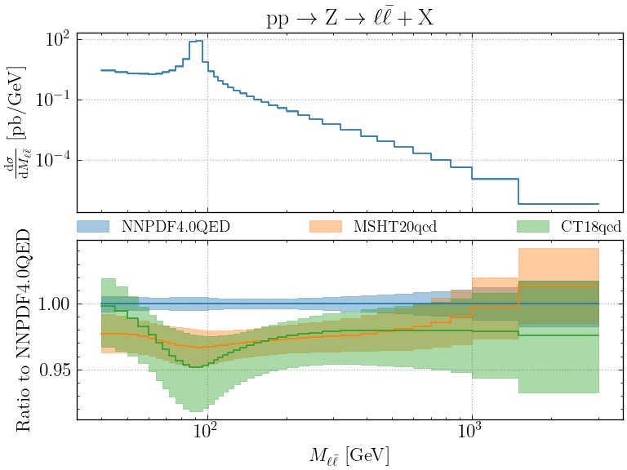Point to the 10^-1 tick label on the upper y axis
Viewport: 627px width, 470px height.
point(51,100)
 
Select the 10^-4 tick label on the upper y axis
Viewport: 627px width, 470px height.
point(51,160)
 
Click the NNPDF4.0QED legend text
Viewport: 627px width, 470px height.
point(175,227)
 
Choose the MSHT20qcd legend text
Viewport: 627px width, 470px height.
point(395,227)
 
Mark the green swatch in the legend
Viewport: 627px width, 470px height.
point(533,226)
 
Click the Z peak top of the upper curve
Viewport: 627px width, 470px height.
point(196,41)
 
